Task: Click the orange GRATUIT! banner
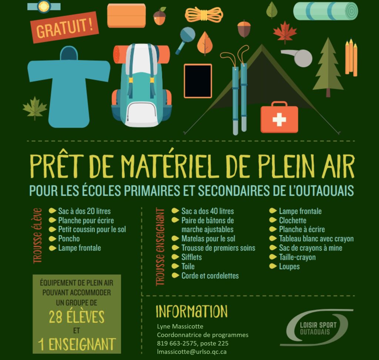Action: pos(65,27)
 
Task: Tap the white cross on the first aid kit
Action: pos(279,119)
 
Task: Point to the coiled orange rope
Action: pos(204,14)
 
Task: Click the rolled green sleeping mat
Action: pos(326,11)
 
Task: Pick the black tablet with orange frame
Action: pos(198,81)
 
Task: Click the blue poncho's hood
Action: pos(69,53)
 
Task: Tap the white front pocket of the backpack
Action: pos(141,114)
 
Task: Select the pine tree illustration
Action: pos(328,67)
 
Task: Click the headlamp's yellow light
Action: pos(44,7)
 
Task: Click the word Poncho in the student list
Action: pos(69,239)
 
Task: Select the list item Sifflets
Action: pos(191,257)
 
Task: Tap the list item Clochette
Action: pos(292,220)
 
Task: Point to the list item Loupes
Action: pos(289,267)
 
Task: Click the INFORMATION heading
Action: pos(192,311)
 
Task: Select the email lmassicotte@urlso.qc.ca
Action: pos(192,351)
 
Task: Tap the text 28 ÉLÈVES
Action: pos(77,317)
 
